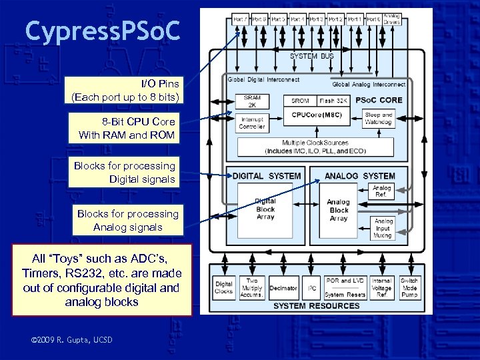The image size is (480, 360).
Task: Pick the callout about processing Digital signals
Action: coord(125,172)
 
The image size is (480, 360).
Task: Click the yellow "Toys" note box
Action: coord(101,279)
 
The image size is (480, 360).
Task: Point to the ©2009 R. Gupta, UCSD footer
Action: coord(72,341)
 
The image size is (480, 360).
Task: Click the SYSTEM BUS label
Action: coord(311,56)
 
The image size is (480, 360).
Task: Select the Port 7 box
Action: coord(240,19)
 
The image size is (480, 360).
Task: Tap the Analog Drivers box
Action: coord(393,19)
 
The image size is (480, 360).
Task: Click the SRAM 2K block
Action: coord(252,101)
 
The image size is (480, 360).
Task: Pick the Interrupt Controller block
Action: coord(252,122)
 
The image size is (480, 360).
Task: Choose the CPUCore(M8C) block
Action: coord(315,115)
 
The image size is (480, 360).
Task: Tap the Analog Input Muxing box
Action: coord(383,228)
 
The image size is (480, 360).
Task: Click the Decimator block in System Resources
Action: coord(283,288)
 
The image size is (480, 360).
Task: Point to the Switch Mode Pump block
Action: coord(409,288)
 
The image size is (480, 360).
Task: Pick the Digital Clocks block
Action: coord(224,288)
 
